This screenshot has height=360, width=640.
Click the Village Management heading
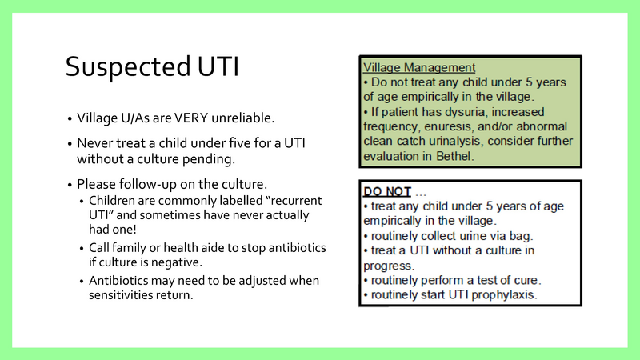point(419,68)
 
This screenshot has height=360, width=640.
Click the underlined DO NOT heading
point(388,192)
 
